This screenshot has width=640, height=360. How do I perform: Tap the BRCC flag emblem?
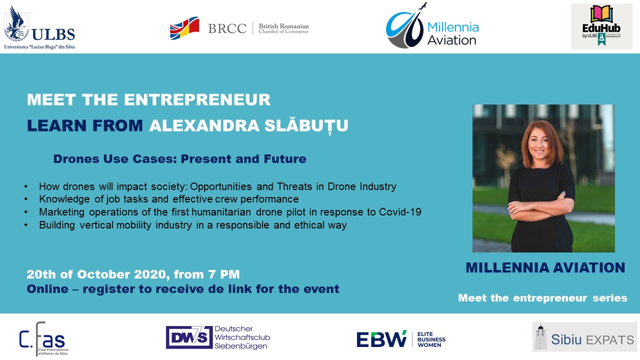point(184,28)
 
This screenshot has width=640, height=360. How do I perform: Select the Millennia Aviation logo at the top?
point(432,27)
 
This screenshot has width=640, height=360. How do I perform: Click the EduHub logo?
point(601,26)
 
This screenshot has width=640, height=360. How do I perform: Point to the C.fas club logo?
point(43,338)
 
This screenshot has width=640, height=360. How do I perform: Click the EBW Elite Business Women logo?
point(400,339)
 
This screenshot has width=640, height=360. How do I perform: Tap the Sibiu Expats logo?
point(584,336)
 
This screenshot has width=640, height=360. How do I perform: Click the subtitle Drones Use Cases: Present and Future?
point(179,159)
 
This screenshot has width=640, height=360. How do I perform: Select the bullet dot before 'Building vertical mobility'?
point(26,225)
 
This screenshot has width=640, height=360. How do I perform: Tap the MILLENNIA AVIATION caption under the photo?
point(545,268)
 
